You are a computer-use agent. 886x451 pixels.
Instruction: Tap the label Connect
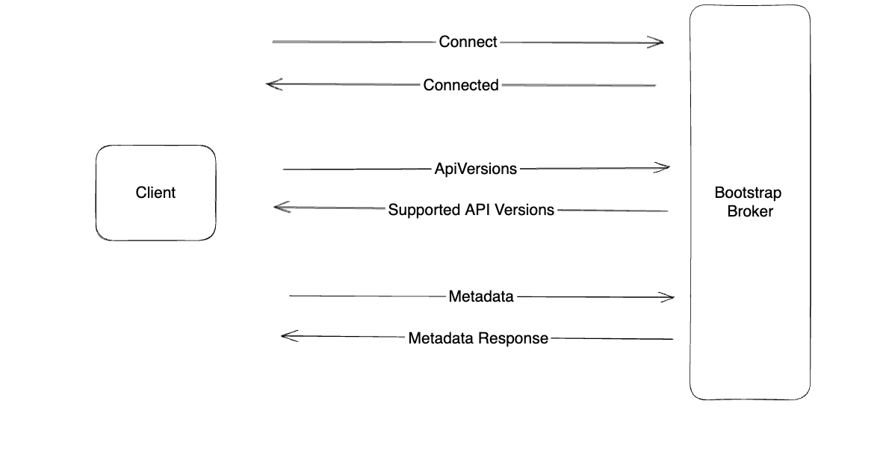[x=468, y=42]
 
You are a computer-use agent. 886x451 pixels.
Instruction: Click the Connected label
[x=461, y=85]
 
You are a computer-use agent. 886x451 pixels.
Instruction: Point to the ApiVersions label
[x=476, y=169]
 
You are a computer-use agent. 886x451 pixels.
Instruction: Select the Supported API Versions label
[x=471, y=210]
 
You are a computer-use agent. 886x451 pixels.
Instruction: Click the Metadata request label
[x=481, y=296]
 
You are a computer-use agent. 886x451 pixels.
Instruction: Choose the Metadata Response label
[x=478, y=338]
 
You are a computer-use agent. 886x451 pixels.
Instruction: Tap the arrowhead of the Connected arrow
[x=271, y=84]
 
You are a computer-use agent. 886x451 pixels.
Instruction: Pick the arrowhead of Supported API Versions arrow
[x=279, y=207]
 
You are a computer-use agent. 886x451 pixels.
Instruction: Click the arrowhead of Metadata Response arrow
[x=285, y=336]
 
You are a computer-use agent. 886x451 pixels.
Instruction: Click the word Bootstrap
[x=748, y=193]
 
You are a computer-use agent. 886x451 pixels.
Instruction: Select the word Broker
[x=749, y=211]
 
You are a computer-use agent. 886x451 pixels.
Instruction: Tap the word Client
[x=155, y=193]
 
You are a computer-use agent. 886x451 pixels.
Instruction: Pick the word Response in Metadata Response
[x=512, y=338]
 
